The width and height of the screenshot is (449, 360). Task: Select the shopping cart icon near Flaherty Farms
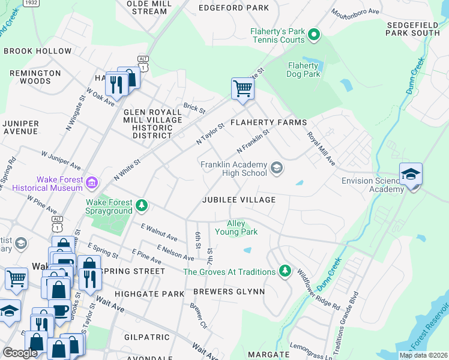[243, 88]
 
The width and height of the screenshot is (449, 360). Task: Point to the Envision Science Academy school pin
[411, 175]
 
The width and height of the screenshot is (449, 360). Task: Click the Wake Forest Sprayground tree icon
[141, 206]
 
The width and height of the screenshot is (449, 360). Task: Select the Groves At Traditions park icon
[285, 271]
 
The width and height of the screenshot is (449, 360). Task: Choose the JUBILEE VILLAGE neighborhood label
[239, 200]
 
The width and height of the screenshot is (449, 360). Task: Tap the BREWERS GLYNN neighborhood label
[229, 292]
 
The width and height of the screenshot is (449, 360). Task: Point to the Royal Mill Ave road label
[322, 149]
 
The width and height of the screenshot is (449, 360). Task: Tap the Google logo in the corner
[20, 353]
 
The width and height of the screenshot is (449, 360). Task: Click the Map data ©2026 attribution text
[423, 355]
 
